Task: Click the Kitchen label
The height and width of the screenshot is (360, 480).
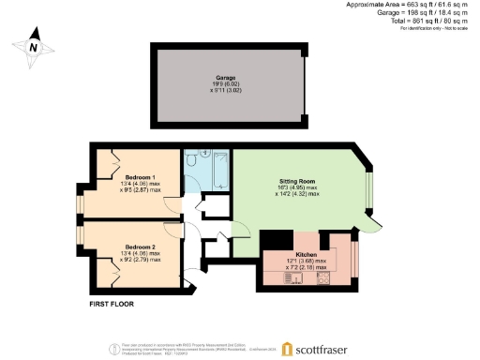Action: point(307,255)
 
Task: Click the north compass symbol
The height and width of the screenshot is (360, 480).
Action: point(33,47)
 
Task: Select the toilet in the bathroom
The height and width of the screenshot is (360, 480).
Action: point(191,161)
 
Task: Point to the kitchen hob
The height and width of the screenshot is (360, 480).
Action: point(323,277)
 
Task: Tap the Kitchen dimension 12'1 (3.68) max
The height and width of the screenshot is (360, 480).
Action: point(307,262)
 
